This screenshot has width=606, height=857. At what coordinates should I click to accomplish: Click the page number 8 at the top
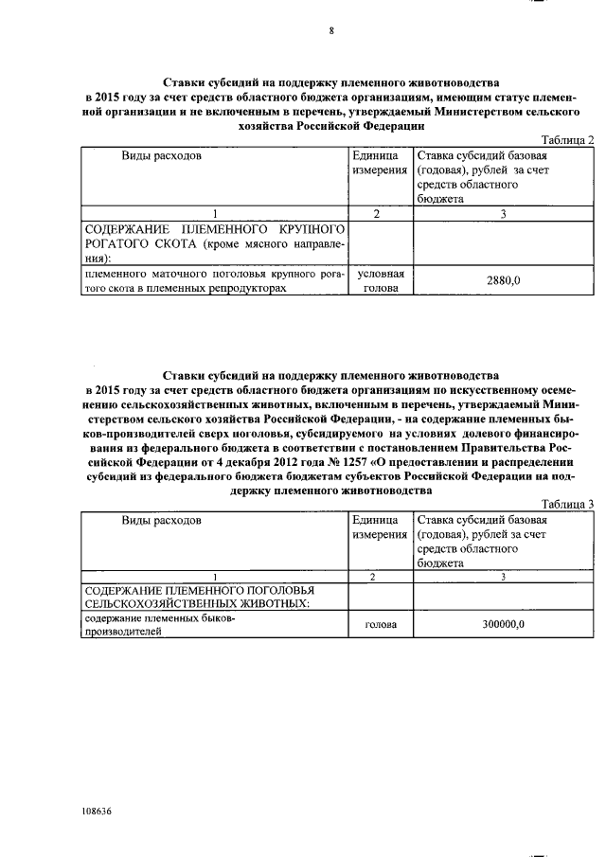pyautogui.click(x=331, y=30)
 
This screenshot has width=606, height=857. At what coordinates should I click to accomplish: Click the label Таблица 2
pyautogui.click(x=566, y=140)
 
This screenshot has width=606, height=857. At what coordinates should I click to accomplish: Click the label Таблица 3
pyautogui.click(x=566, y=504)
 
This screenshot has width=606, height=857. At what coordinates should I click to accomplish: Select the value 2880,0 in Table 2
pyautogui.click(x=503, y=280)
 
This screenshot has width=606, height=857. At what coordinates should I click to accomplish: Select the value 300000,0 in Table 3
pyautogui.click(x=503, y=625)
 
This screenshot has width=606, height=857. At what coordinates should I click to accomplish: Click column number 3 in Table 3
pyautogui.click(x=503, y=577)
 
